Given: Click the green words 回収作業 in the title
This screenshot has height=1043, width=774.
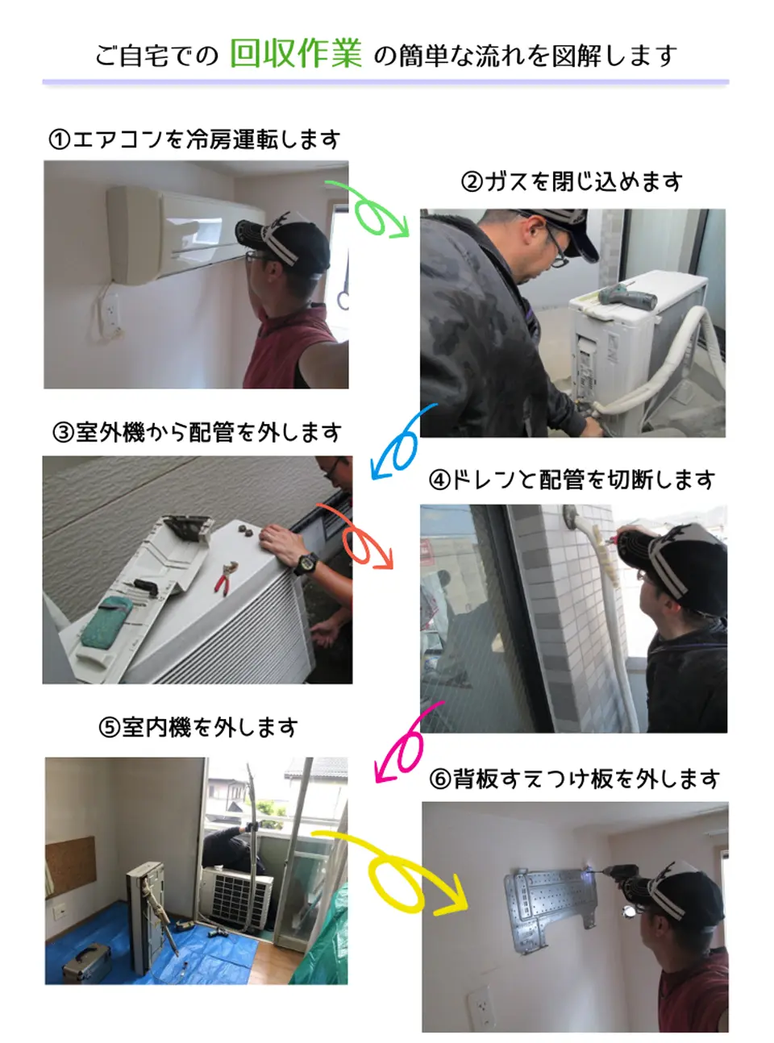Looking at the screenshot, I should coord(296,53).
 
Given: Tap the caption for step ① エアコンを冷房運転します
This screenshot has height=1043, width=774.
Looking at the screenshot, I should coord(194,139).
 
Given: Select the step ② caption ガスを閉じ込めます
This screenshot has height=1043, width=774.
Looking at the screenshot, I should coord(572,181).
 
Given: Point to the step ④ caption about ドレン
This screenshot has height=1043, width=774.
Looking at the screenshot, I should coord(572,480).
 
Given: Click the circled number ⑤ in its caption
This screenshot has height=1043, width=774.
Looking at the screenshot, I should coord(109,728).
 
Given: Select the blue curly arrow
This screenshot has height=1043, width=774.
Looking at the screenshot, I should coord(401,444).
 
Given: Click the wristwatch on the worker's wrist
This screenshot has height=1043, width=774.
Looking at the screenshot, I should coord(304,563).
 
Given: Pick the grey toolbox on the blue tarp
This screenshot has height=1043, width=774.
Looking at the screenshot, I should coord(86,962).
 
